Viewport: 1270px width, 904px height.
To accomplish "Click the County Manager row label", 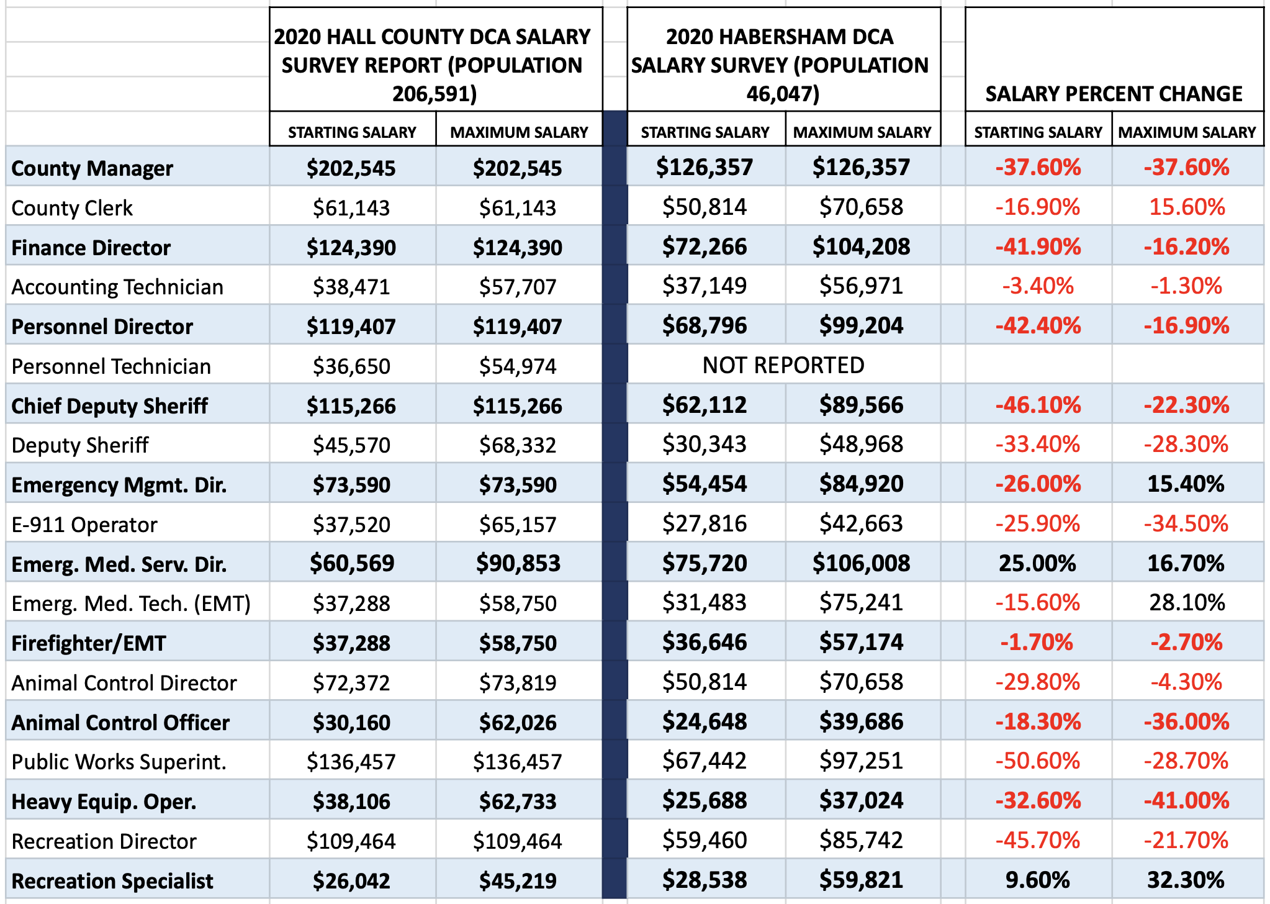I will (92, 168).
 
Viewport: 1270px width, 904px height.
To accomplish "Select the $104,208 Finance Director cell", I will (861, 247).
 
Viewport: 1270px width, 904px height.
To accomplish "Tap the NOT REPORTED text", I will (783, 365).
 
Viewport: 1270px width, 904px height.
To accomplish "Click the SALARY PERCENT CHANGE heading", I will (1114, 94).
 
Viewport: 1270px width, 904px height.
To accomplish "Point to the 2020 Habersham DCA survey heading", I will (780, 65).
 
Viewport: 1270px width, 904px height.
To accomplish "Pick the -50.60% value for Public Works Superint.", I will (1037, 761).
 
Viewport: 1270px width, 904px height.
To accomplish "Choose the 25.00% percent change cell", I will (1037, 563).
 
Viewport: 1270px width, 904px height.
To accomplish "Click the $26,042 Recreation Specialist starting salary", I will (351, 880).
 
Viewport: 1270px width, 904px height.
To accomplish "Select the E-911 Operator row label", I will (84, 525).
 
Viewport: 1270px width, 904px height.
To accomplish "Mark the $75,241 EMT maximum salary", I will (861, 603).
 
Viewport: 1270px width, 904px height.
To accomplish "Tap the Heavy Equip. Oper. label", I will (104, 802).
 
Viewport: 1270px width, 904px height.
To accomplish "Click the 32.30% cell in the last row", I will (1186, 880).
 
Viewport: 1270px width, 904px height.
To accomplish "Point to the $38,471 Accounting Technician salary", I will (351, 287).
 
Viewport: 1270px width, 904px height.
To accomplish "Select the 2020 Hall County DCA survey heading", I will (433, 65).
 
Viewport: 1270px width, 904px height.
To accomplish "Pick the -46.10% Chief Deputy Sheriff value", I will (1037, 405).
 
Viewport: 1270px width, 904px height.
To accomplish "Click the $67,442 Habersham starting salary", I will (704, 761).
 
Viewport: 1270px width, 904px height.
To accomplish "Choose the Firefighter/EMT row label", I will (89, 643).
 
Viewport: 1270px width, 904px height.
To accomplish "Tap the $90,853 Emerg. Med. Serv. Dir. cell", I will (518, 563).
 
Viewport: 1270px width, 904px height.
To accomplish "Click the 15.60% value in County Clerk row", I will (1187, 207).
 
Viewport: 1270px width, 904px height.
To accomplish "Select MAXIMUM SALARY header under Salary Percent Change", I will (1187, 132).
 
